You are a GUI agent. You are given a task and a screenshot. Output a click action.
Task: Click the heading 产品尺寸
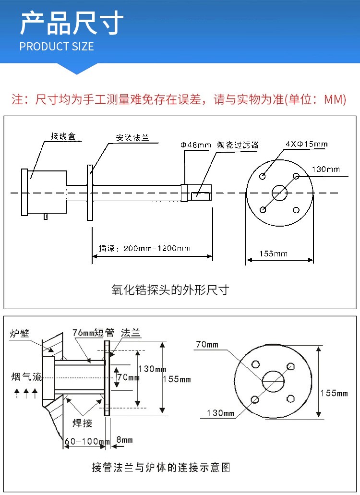[72, 24]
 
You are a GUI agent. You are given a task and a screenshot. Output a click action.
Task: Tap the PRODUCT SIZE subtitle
[57, 47]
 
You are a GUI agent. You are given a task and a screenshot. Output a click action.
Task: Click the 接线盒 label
[63, 136]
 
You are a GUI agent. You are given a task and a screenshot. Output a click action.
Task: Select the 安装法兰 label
[132, 137]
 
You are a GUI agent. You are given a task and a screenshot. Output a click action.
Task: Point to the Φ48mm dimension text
[195, 145]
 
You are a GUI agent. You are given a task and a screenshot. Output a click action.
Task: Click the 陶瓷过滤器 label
[238, 145]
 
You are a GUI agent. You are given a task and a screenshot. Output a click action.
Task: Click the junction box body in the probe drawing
[46, 192]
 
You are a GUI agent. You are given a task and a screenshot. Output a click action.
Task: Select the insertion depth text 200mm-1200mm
[157, 248]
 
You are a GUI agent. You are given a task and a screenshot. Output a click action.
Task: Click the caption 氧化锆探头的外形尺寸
[170, 290]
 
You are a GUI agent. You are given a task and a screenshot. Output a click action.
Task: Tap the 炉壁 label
[19, 333]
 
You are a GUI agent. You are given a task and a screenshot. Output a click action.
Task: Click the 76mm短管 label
[93, 333]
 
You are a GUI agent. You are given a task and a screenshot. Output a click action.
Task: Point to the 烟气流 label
[24, 376]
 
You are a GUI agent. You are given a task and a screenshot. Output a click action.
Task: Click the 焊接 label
[82, 423]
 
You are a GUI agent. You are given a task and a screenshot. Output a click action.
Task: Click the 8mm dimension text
[125, 440]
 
